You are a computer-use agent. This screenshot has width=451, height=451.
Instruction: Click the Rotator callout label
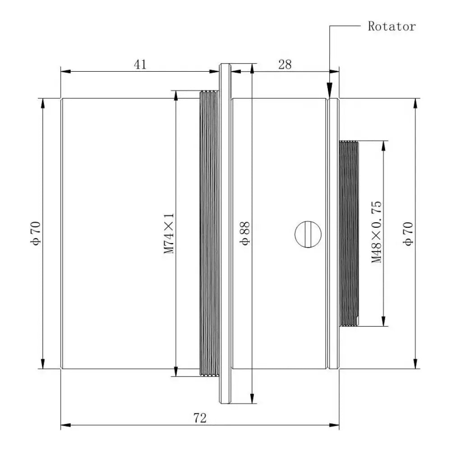[x=391, y=26]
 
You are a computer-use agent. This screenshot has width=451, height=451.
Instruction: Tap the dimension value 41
[x=140, y=64]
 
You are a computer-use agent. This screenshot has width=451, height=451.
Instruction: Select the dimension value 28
[x=285, y=64]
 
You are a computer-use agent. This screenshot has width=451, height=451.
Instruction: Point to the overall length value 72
[x=200, y=418]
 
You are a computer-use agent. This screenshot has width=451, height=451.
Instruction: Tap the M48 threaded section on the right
[x=348, y=233]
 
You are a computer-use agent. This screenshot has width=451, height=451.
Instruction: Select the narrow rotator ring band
[x=333, y=233]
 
